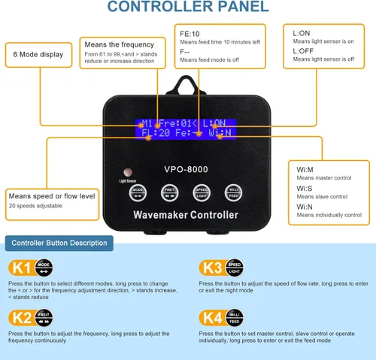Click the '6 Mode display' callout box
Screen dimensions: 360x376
coord(39,56)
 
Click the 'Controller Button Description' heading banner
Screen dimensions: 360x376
coord(59,243)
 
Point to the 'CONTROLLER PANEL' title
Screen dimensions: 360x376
coord(187,8)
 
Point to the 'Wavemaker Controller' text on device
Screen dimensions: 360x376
coord(186,215)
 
